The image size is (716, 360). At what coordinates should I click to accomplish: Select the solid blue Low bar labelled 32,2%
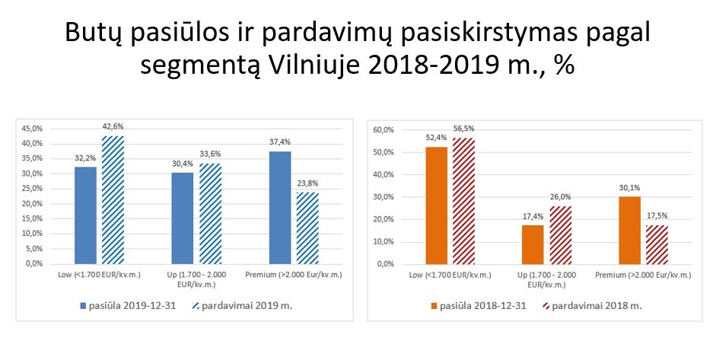[x=85, y=215]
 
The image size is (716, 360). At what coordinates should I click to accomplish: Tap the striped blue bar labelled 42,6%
[x=113, y=199]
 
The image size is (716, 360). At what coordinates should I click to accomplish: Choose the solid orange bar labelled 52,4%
[x=437, y=205]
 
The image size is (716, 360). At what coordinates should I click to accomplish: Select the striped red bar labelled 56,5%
[x=464, y=201]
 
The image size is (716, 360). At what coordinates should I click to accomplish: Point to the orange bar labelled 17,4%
[x=533, y=244]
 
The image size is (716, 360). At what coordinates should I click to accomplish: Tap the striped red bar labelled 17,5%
[x=657, y=244]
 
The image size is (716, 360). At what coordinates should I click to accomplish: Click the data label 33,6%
[x=210, y=154]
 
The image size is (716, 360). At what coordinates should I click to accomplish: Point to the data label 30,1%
[x=630, y=187]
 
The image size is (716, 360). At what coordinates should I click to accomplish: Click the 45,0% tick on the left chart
[x=32, y=129]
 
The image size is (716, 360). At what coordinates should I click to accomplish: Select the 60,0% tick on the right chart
[x=383, y=129]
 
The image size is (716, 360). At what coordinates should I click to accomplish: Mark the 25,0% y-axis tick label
[x=32, y=189]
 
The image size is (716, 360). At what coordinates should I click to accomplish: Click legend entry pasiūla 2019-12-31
[x=127, y=306]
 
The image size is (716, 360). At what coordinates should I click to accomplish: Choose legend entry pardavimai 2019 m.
[x=242, y=306]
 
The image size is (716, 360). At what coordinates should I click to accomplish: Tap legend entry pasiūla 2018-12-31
[x=478, y=306]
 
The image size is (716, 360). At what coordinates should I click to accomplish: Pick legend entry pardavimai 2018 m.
[x=592, y=306]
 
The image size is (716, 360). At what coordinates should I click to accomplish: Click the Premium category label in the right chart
[x=644, y=275]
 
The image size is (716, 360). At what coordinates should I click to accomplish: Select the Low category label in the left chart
[x=99, y=275]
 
